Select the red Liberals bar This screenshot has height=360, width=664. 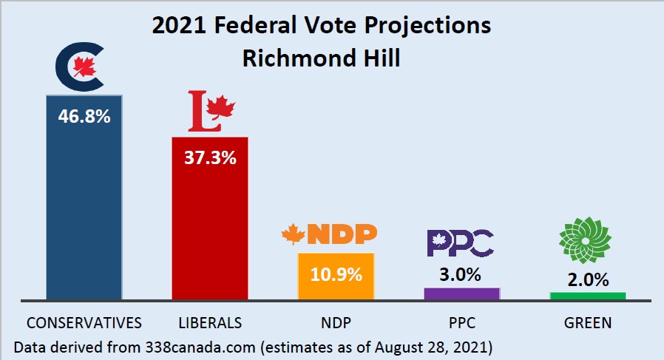(x=210, y=229)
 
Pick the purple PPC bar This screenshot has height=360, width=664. (x=461, y=293)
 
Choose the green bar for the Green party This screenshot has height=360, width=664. (x=587, y=296)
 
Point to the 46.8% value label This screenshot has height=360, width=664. (x=84, y=116)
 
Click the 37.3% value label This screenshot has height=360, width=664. (x=211, y=157)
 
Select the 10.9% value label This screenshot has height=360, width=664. (x=336, y=274)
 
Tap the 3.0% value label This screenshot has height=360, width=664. (x=461, y=275)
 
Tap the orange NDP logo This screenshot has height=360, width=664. (x=330, y=234)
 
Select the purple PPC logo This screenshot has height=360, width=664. (x=460, y=241)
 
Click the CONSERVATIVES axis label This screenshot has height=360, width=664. (x=84, y=323)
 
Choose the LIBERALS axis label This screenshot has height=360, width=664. (x=210, y=323)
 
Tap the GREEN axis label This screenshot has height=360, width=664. (x=587, y=323)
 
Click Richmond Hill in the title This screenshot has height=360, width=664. (x=321, y=58)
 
